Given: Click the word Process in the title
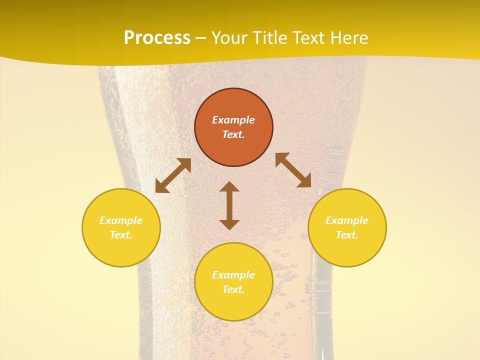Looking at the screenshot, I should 157,38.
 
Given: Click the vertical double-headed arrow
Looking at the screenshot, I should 229,205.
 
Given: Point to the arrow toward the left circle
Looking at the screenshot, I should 173,175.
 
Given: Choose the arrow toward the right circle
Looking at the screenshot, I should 293,170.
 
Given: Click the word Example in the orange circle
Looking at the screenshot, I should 233,120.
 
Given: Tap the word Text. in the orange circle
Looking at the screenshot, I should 233,134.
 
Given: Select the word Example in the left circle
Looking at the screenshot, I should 121,220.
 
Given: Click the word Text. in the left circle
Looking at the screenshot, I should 121,235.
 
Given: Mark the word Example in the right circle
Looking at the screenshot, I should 347,220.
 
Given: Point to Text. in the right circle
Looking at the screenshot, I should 347,235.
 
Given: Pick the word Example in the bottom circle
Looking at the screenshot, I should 233,275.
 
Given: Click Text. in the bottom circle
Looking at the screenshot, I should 233,289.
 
